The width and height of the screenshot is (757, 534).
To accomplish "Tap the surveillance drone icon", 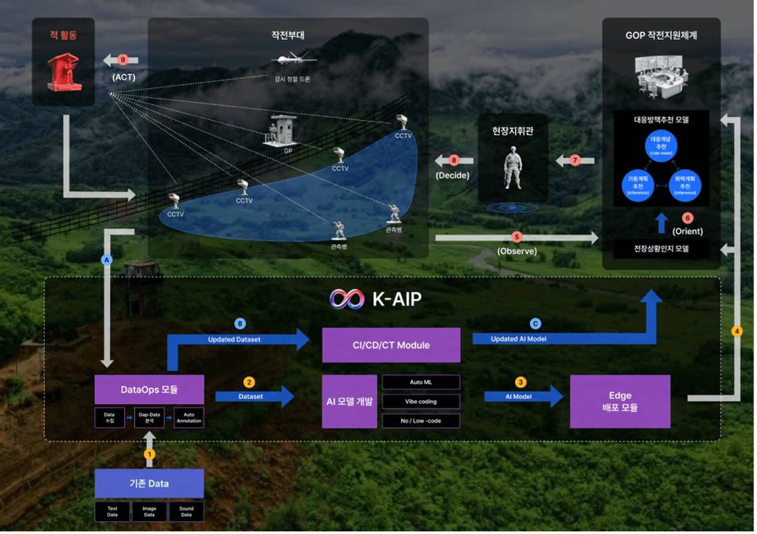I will pyautogui.click(x=293, y=59).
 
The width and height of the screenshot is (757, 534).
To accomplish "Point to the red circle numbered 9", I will pyautogui.click(x=122, y=59).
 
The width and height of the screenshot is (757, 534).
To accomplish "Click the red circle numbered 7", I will pyautogui.click(x=575, y=160).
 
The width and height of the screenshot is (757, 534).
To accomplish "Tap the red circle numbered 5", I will pyautogui.click(x=517, y=237).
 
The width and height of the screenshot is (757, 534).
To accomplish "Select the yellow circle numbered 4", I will pyautogui.click(x=737, y=331).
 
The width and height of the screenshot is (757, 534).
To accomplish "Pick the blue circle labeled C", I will pyautogui.click(x=535, y=323).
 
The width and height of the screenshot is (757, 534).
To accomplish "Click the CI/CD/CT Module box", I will pyautogui.click(x=391, y=345).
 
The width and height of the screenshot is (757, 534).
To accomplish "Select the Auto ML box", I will pyautogui.click(x=420, y=382).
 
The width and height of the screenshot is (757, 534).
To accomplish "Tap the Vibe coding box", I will pyautogui.click(x=420, y=401).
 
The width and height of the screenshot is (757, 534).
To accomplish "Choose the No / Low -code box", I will pyautogui.click(x=420, y=420).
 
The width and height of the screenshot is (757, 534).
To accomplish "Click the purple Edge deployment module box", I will pyautogui.click(x=620, y=402).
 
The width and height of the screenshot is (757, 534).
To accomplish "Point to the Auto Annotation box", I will pyautogui.click(x=188, y=417).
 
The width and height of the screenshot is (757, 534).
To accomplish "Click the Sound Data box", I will pyautogui.click(x=186, y=511).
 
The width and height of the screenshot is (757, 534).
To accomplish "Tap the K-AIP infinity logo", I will pyautogui.click(x=347, y=299).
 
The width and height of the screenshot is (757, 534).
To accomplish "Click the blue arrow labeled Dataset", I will pyautogui.click(x=255, y=396).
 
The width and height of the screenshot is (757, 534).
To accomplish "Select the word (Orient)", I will pyautogui.click(x=687, y=231).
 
